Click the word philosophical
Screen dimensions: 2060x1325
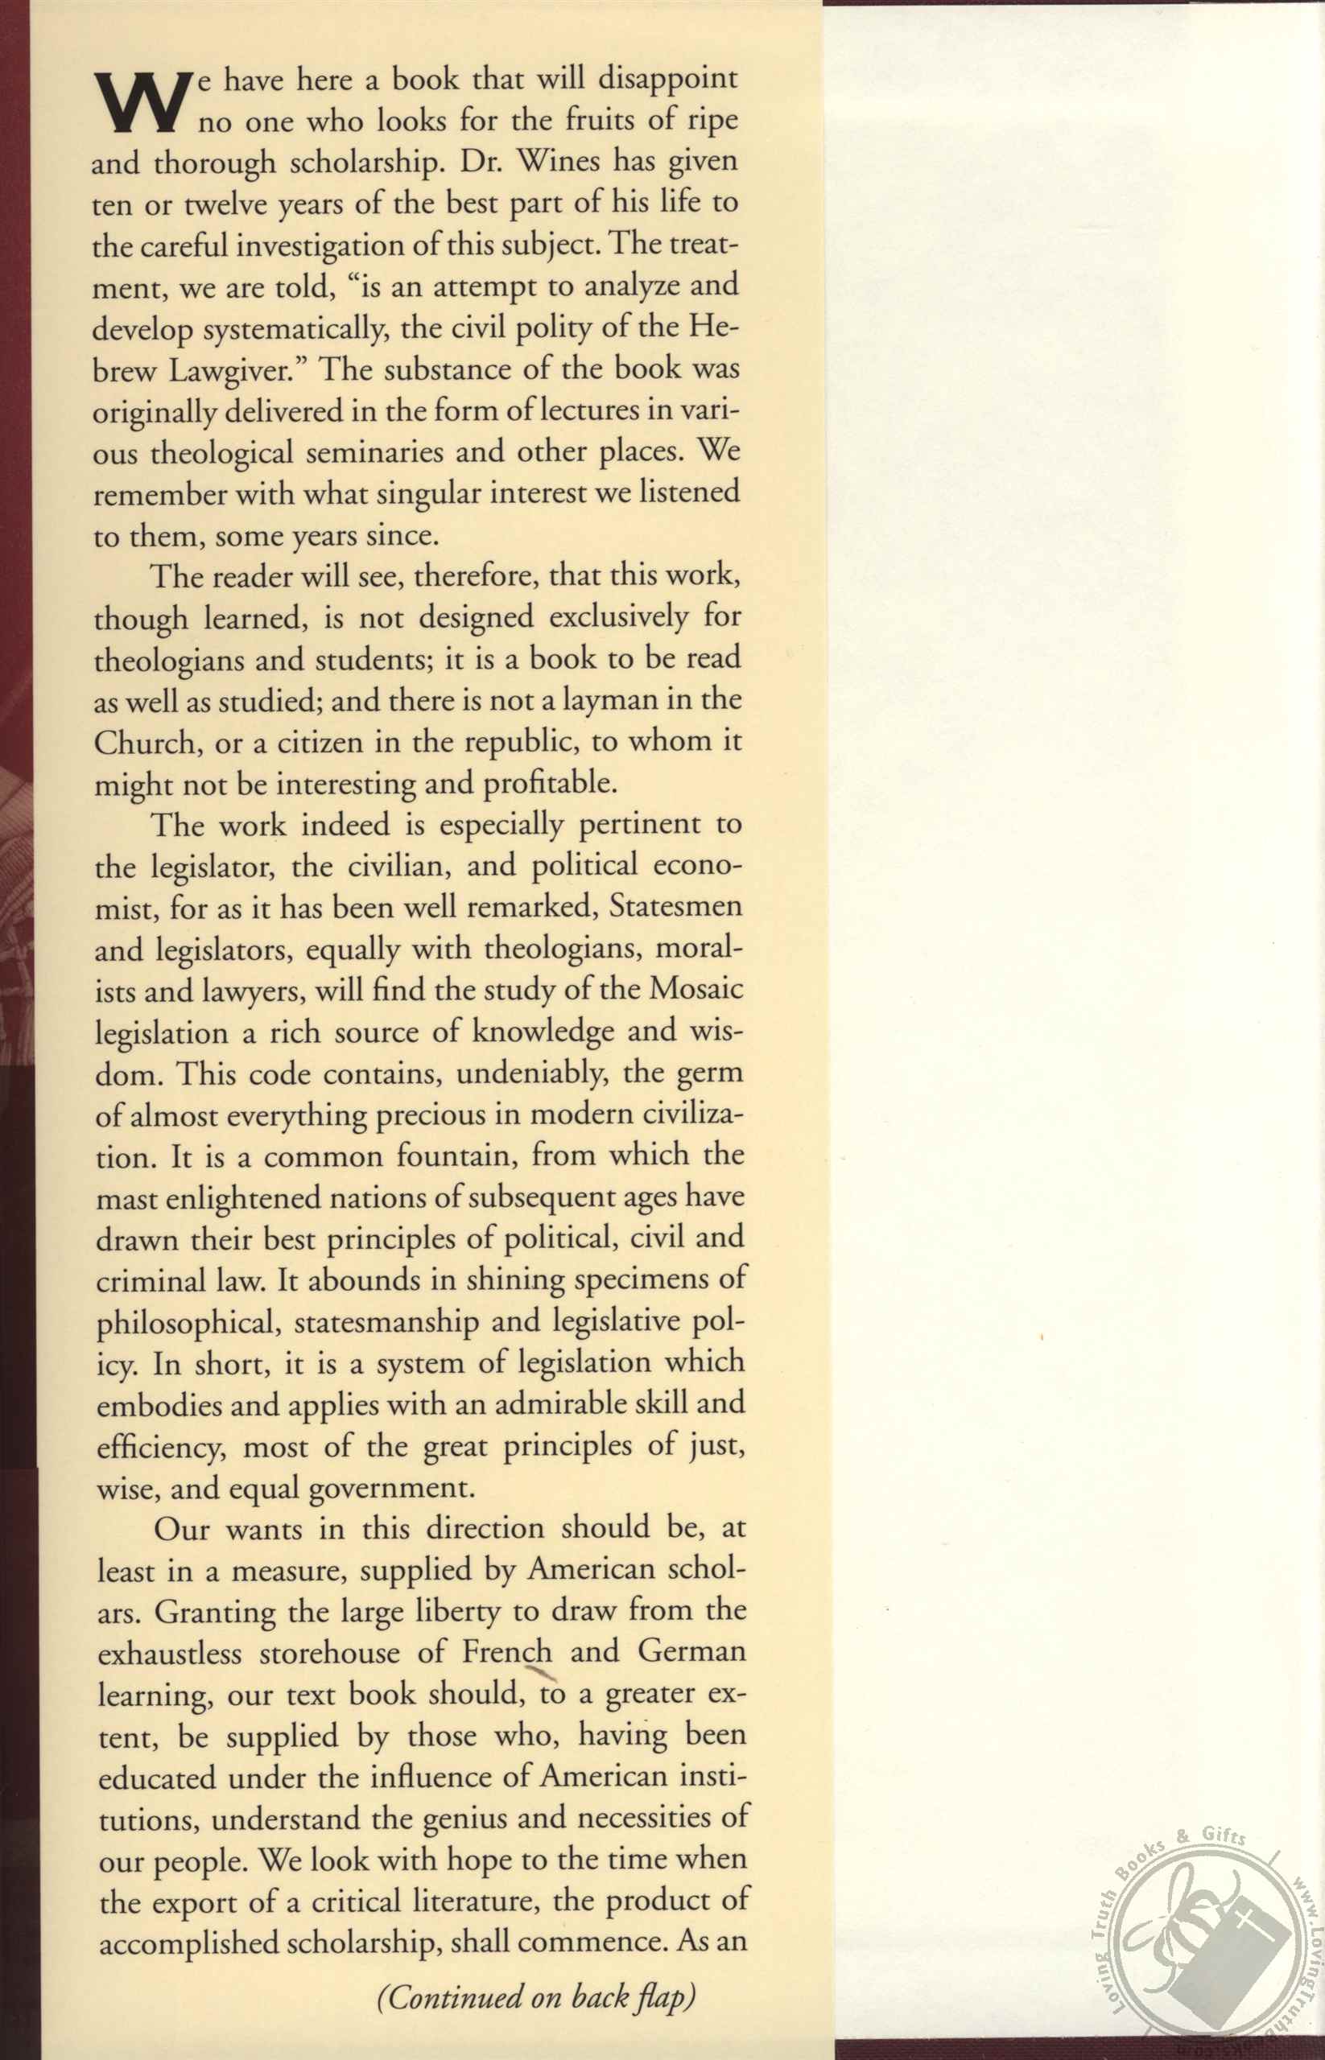[187, 1323]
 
